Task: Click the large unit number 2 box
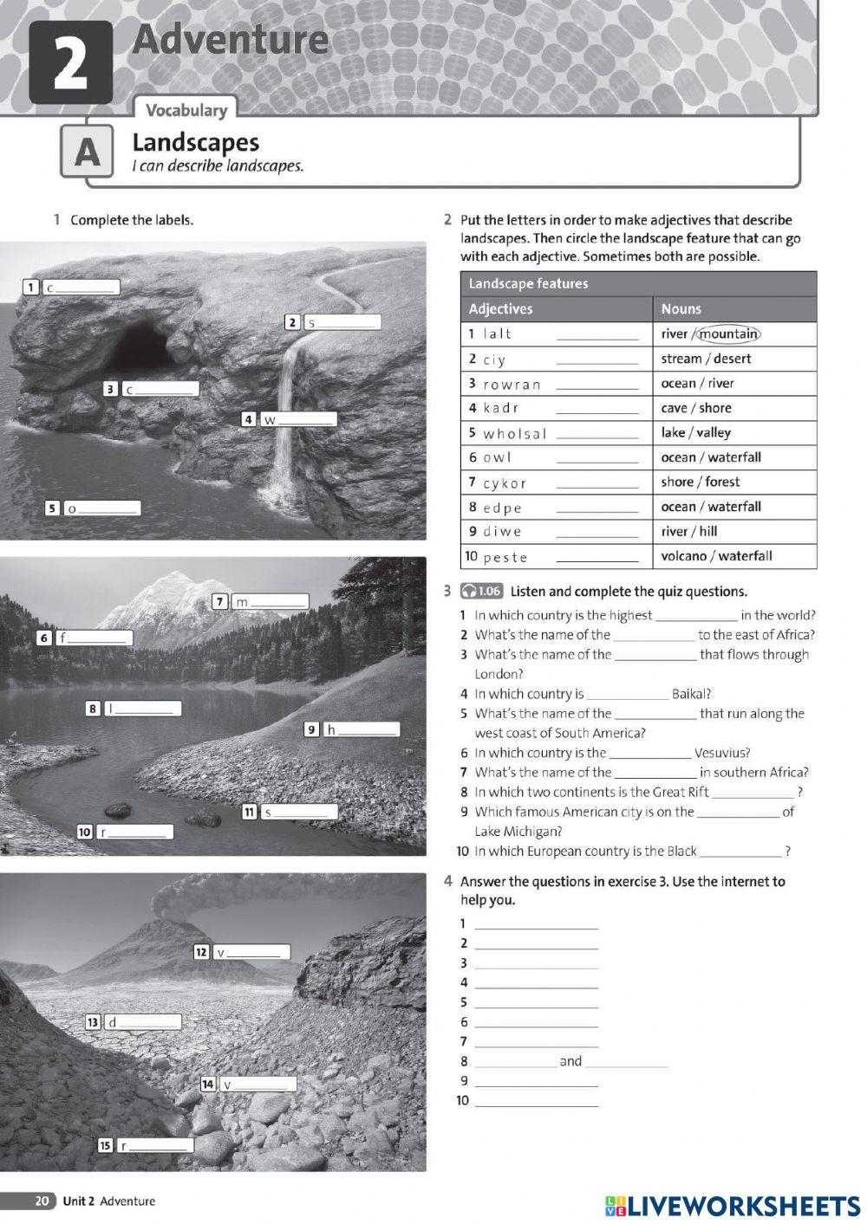[x=70, y=62]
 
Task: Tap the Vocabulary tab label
[x=186, y=110]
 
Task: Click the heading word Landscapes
[x=195, y=142]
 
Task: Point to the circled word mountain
[x=728, y=334]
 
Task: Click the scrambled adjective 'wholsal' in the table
[x=514, y=433]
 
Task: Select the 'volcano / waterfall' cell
[x=716, y=556]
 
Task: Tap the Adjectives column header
[x=500, y=308]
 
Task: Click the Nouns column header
[x=681, y=308]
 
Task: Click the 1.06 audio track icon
[x=481, y=591]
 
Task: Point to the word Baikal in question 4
[x=691, y=694]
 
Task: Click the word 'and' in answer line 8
[x=570, y=1061]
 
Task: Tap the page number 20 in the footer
[x=42, y=1201]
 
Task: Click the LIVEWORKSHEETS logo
[x=733, y=1206]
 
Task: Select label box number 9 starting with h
[x=361, y=729]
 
